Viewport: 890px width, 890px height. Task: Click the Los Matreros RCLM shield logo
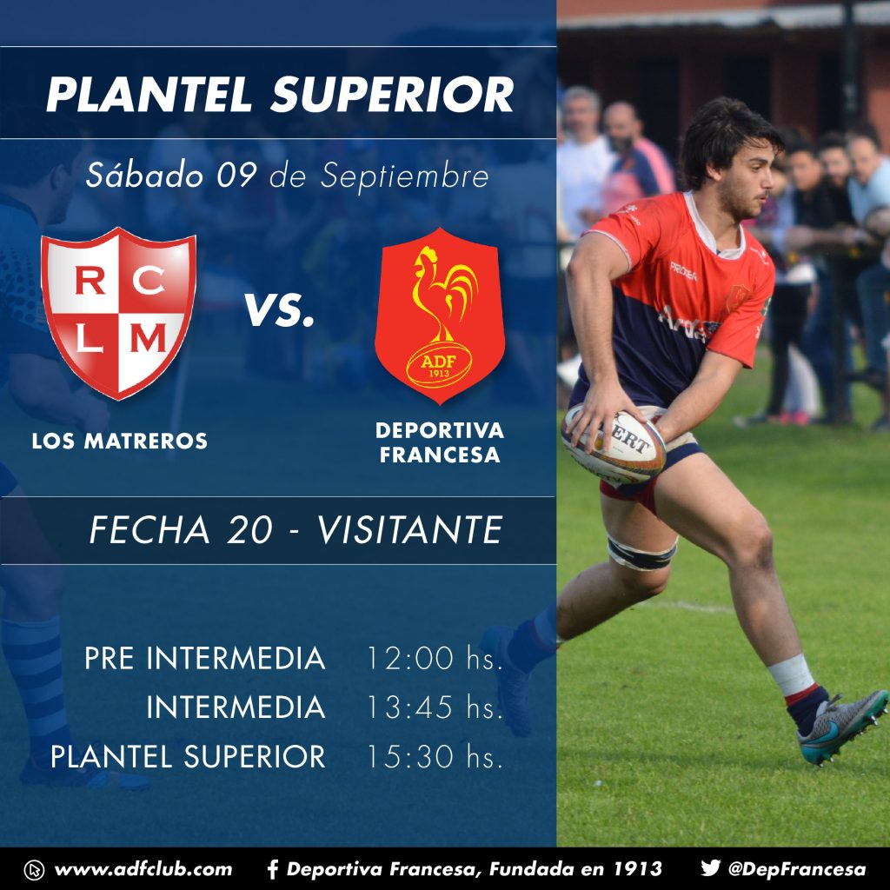click(118, 313)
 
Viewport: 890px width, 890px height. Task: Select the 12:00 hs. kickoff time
click(435, 659)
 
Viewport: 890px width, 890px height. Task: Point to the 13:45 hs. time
click(435, 707)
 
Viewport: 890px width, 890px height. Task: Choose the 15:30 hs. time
click(435, 757)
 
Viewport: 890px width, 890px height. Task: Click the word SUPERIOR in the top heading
click(392, 94)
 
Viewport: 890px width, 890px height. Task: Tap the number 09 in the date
click(236, 176)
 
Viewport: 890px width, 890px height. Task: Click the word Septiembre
click(404, 176)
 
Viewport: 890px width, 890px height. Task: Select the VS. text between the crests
click(279, 310)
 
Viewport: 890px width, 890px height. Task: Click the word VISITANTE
click(409, 530)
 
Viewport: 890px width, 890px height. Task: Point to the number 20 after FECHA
click(249, 530)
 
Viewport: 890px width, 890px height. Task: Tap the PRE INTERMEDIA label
click(205, 659)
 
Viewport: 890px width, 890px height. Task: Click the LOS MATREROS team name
click(120, 441)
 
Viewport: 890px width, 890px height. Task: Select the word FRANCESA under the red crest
click(440, 455)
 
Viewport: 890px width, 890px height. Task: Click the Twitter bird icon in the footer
click(710, 868)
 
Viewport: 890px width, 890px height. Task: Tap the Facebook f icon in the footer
click(272, 869)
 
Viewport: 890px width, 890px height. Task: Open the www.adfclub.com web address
click(143, 869)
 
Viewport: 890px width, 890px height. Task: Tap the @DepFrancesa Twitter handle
click(797, 869)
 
